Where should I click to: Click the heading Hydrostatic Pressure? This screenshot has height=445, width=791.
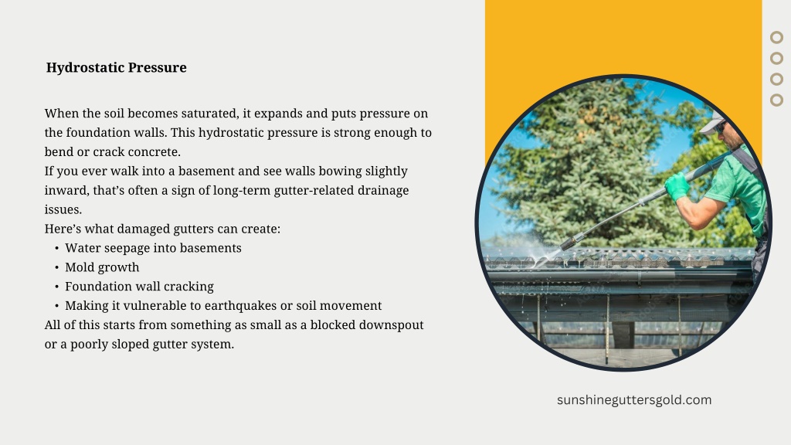(x=116, y=68)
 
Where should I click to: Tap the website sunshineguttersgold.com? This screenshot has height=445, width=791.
(x=634, y=400)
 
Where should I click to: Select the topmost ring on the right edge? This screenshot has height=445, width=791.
(x=776, y=37)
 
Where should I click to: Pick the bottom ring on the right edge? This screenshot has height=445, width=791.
(x=776, y=100)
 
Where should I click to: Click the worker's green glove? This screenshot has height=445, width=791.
(x=677, y=186)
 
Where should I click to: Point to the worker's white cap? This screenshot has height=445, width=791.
(x=712, y=123)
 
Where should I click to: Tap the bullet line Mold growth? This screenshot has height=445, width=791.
(x=102, y=267)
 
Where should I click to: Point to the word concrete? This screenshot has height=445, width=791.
(x=154, y=152)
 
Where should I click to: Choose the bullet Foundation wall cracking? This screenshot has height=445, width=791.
(x=139, y=287)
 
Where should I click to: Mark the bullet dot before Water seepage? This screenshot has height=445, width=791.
(x=57, y=248)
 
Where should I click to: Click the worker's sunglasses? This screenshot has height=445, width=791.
(x=721, y=127)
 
